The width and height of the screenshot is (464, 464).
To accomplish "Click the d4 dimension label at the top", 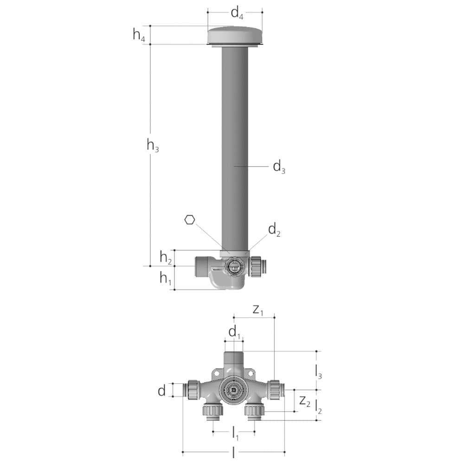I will tap(237, 14).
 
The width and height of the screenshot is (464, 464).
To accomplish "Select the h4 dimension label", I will tap(139, 35).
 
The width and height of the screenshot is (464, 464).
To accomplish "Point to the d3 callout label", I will tap(279, 166).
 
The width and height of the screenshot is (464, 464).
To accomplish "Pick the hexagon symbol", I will tap(189, 220).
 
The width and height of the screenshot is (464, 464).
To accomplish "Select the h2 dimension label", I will tap(166, 257).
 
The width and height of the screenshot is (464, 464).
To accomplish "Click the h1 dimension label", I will tap(166, 278).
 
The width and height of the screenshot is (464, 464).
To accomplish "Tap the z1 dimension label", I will tap(258, 310).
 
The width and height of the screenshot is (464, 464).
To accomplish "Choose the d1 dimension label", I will tap(234, 332).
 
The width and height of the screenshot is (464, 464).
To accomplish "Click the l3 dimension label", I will tap(318, 371).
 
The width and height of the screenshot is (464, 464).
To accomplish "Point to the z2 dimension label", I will tap(304, 400).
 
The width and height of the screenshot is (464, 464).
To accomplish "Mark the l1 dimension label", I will tap(235, 434).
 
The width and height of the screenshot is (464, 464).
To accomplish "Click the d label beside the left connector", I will tap(161, 391).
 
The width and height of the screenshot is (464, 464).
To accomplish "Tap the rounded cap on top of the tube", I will tap(235, 35).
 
